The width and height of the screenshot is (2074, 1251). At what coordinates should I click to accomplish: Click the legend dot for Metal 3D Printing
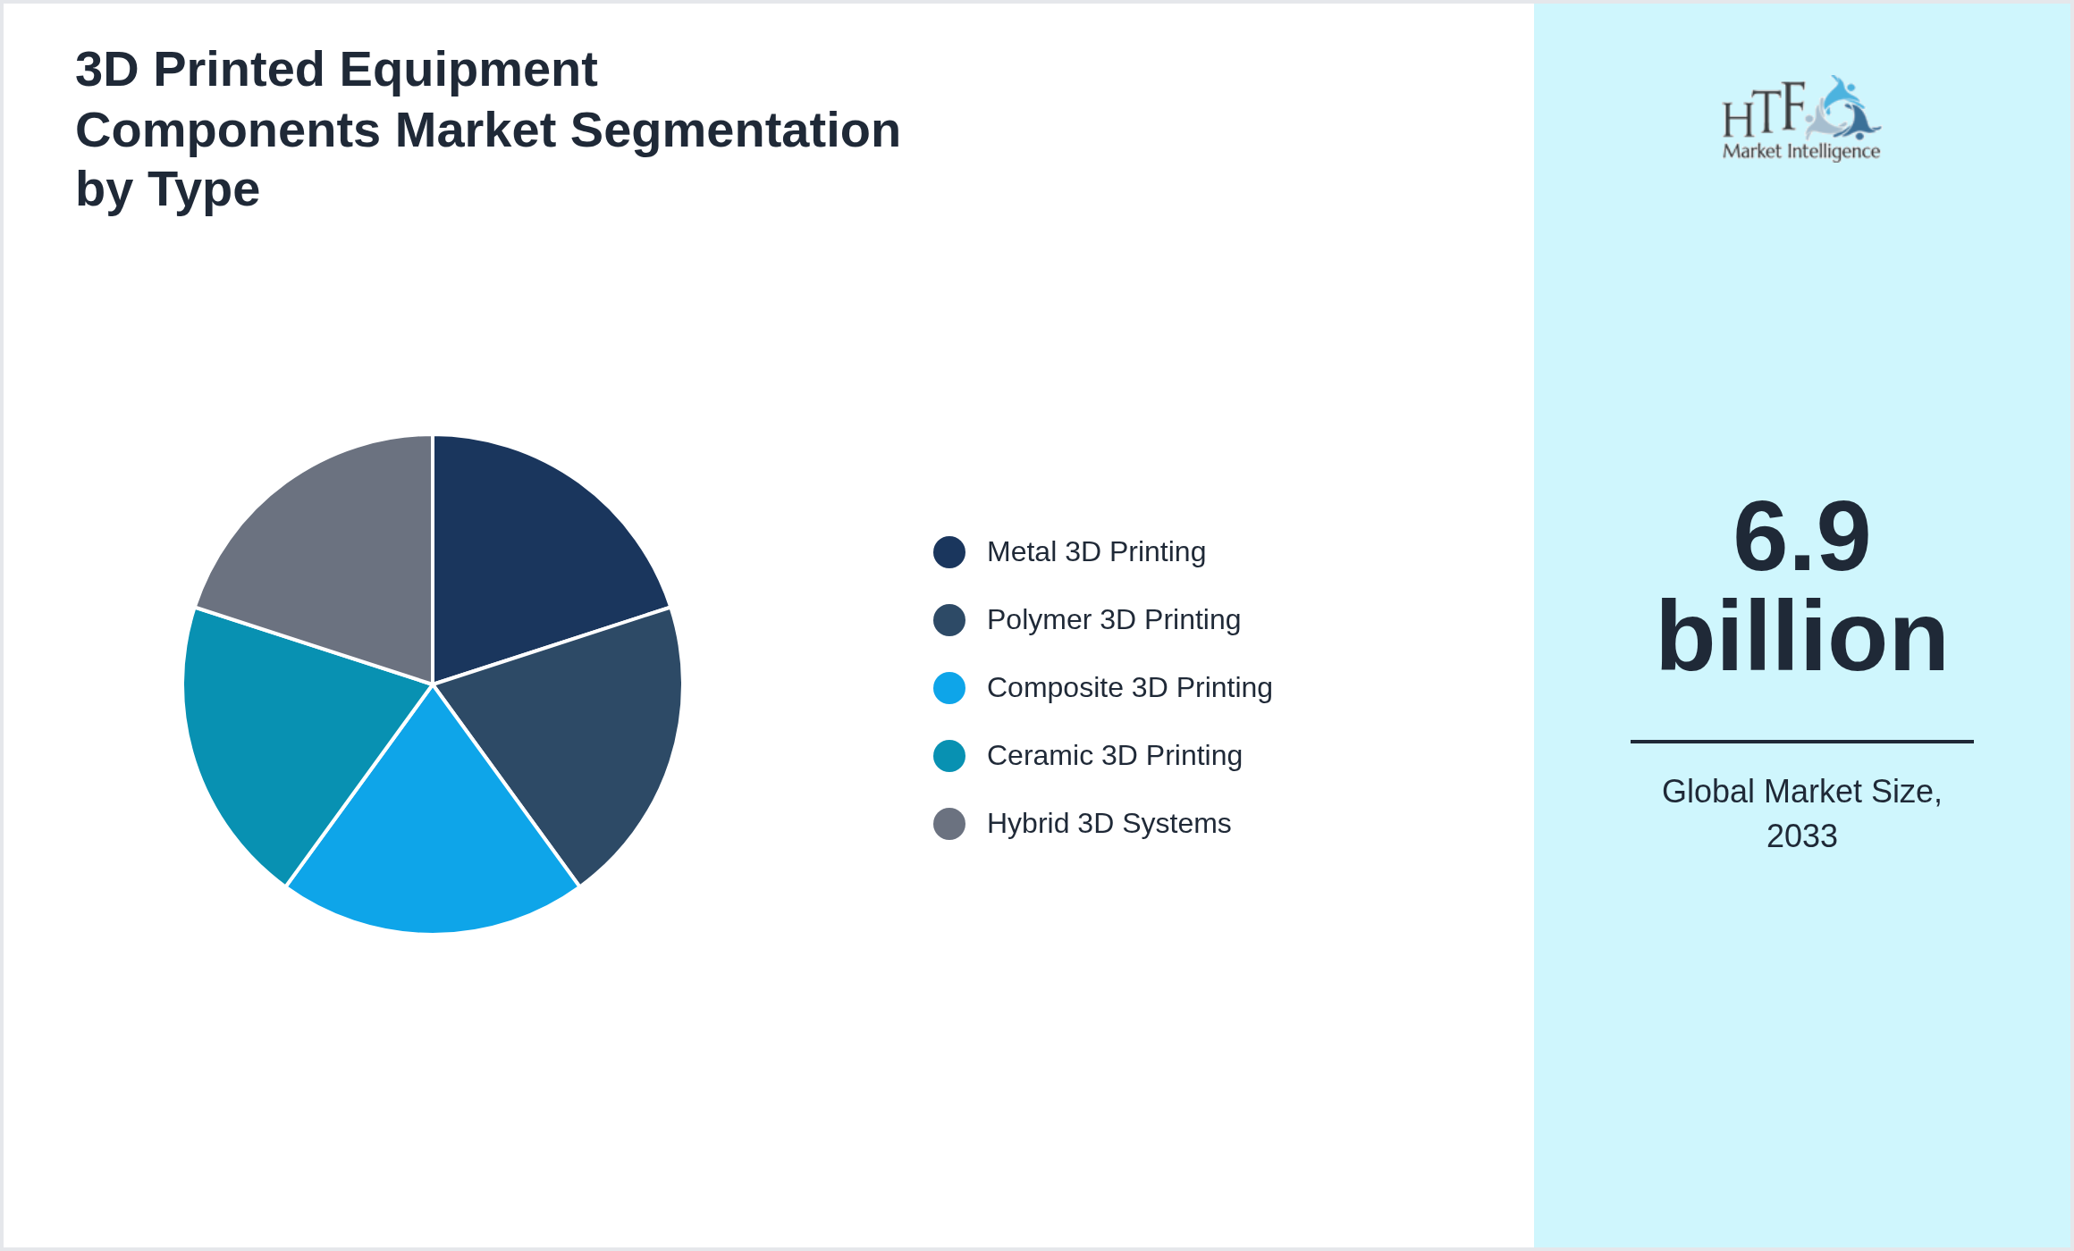coord(948,552)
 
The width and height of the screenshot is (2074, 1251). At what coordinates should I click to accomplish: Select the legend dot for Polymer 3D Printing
coord(948,620)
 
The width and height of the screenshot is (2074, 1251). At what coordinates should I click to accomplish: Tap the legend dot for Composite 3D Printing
coord(948,688)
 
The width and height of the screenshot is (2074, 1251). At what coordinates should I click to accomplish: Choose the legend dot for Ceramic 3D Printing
coord(948,756)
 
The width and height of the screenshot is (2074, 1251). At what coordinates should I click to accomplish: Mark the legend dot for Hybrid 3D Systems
coord(948,824)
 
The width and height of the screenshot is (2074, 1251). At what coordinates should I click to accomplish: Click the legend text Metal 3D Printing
coord(1096,552)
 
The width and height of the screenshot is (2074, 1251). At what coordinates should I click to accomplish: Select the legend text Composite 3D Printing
coord(1129,688)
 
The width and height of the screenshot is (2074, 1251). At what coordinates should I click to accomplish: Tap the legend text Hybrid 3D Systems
coord(1109,824)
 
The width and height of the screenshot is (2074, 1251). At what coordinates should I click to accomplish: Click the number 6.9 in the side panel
coord(1801,537)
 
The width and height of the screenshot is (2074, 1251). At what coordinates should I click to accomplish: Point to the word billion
coord(1801,637)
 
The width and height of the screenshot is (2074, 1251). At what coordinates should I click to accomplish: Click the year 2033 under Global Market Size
coord(1801,836)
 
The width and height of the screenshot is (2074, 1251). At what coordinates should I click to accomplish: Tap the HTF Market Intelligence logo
coord(1801,119)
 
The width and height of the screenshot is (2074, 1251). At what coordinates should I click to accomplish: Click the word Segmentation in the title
coord(735,130)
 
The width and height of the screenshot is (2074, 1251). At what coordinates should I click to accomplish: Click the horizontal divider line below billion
coord(1801,741)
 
